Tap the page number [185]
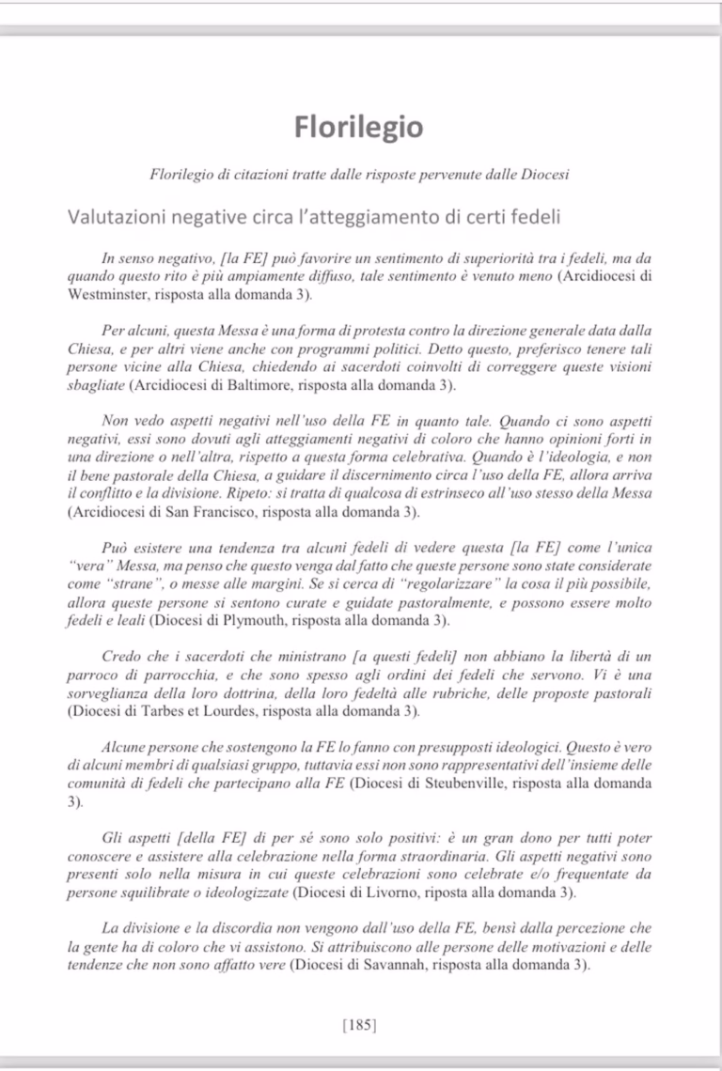coord(360,1025)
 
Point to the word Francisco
coord(211,512)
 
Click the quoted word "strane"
coord(119,584)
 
